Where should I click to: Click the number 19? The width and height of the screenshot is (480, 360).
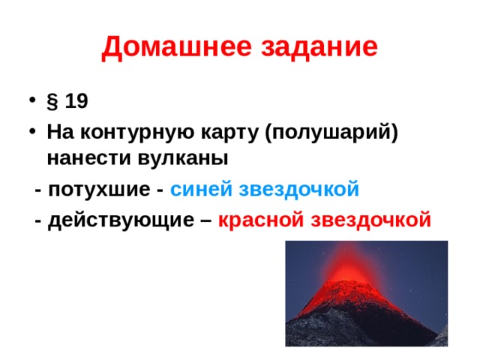pos(76,101)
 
